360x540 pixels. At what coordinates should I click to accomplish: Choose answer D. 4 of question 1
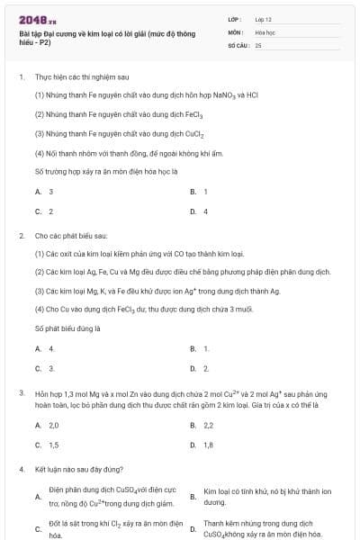coord(200,211)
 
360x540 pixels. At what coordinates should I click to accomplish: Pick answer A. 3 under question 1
coord(45,192)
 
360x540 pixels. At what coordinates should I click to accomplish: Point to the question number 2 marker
coord(21,235)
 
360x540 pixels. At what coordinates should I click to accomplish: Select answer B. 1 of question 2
coord(200,348)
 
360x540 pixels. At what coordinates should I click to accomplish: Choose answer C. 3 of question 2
coord(45,368)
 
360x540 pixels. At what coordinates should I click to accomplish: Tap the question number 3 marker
coord(21,392)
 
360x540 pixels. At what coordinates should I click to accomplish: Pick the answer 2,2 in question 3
coord(208,425)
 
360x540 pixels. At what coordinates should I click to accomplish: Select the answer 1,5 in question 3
coord(53,445)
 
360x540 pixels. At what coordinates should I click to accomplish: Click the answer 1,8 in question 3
coord(208,445)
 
